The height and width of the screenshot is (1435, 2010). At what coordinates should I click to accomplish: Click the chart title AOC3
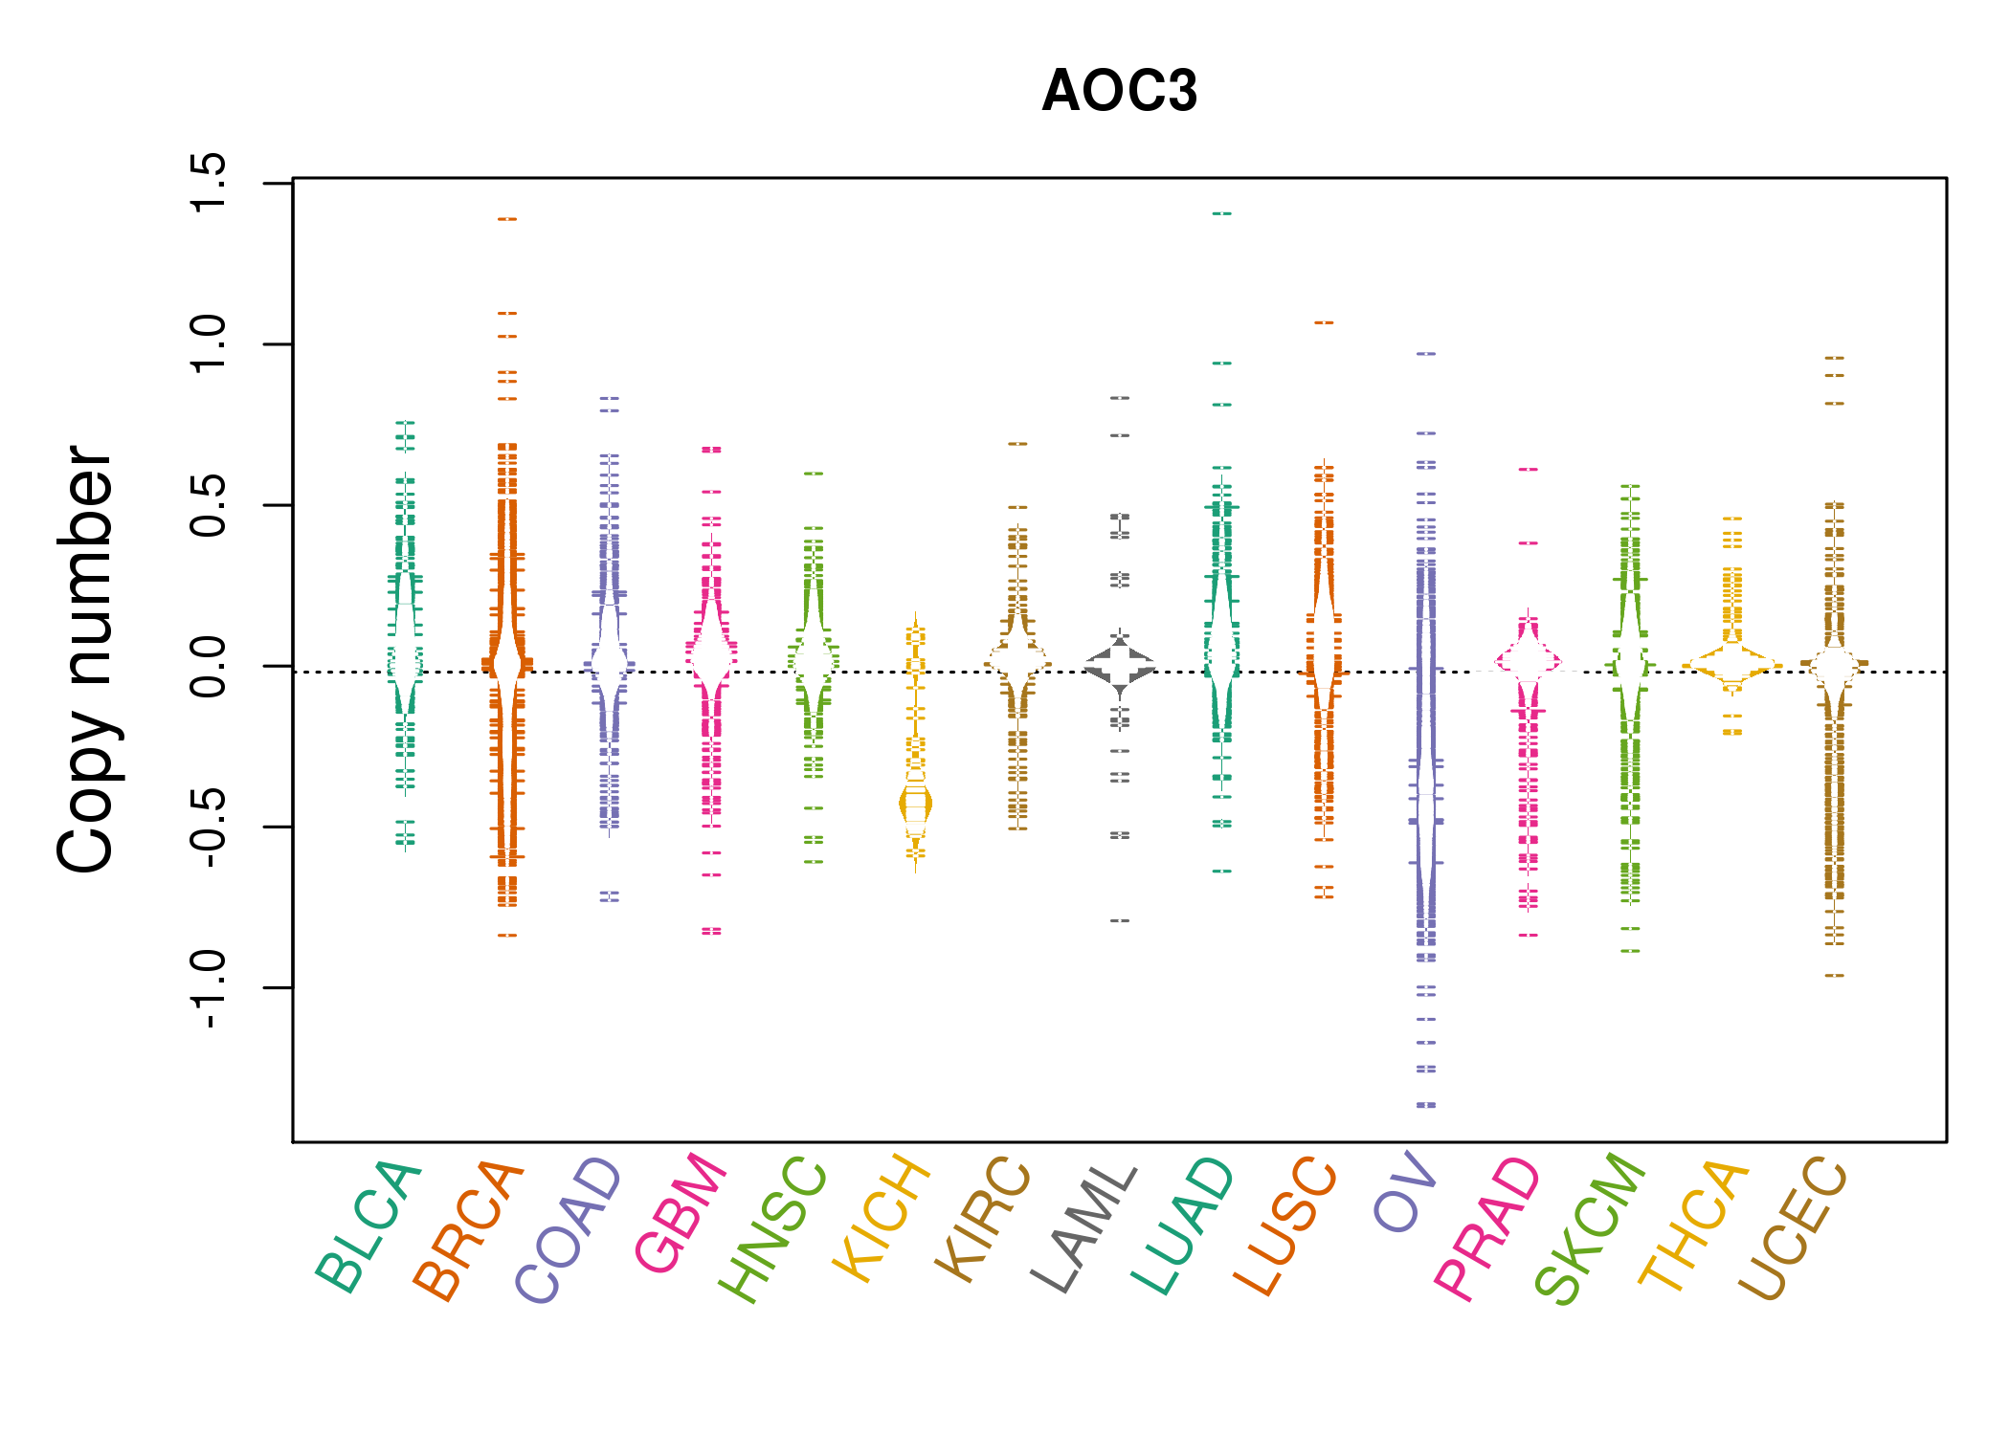1119,91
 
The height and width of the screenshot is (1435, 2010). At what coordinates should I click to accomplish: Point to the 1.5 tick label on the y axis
208,182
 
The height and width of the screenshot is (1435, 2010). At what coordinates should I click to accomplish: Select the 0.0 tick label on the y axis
208,666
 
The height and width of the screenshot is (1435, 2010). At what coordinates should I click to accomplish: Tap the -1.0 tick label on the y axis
208,989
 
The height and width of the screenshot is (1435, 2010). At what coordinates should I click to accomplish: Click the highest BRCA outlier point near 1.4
507,219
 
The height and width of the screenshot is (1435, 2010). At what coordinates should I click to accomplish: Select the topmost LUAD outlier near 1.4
1222,213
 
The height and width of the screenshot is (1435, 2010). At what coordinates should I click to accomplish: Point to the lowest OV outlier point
1426,1105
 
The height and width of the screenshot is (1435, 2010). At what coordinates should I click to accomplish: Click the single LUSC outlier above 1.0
1324,322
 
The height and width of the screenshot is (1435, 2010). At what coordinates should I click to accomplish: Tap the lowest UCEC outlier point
1834,975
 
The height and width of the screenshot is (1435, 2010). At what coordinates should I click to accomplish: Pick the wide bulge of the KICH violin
915,805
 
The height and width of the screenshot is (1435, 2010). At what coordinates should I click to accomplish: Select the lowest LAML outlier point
1120,920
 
